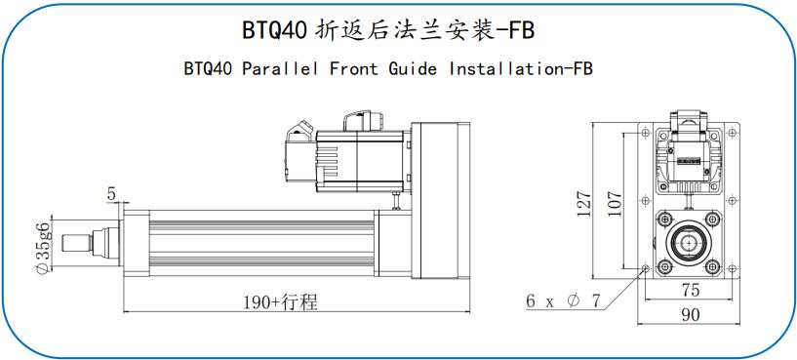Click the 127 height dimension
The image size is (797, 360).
(585, 203)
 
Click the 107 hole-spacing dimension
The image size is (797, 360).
(615, 203)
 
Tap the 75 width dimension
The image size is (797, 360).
(691, 290)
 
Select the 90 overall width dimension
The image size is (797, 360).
(691, 315)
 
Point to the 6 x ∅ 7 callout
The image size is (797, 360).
(563, 301)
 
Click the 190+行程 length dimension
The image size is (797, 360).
(281, 302)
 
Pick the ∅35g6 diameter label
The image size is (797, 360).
(44, 248)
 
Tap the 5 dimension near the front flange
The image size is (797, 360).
(111, 194)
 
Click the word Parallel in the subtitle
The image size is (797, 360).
(280, 68)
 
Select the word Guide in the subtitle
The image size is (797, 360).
(413, 68)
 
